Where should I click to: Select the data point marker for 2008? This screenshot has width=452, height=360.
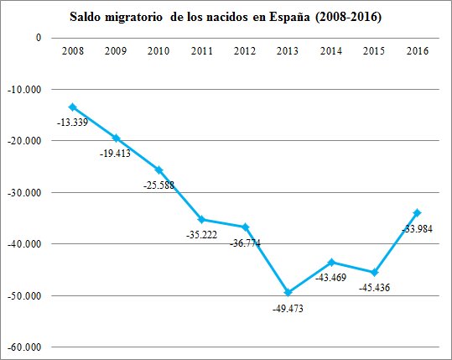coord(72,107)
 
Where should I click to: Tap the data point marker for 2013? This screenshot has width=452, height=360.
coord(288,292)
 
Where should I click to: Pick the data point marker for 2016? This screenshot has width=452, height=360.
coord(417,212)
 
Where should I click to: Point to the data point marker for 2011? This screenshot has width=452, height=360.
coord(202,219)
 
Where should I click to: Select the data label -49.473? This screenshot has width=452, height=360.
coord(290,308)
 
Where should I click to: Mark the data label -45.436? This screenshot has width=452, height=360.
coord(375,288)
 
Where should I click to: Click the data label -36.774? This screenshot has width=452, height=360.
coord(245,242)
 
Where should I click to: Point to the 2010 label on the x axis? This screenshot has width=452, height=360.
coord(158,51)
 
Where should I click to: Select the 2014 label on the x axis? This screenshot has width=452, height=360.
coord(331,51)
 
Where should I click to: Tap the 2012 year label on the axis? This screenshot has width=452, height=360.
coord(245,51)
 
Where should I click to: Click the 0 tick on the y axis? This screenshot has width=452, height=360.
coord(37,38)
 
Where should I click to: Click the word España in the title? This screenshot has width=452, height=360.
coord(305,16)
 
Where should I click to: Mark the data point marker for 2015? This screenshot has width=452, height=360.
coord(374,273)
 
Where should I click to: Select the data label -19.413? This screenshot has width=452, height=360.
coord(117,154)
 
